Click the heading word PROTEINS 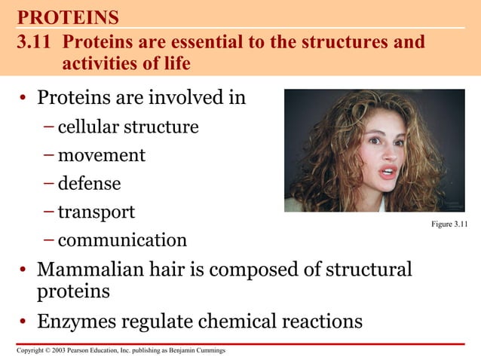(x=68, y=17)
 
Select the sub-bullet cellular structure (x=128, y=127)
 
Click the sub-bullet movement (x=101, y=155)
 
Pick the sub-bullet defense (x=89, y=183)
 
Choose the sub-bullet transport (x=96, y=212)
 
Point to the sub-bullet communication (x=122, y=240)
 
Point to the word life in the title (x=175, y=64)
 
